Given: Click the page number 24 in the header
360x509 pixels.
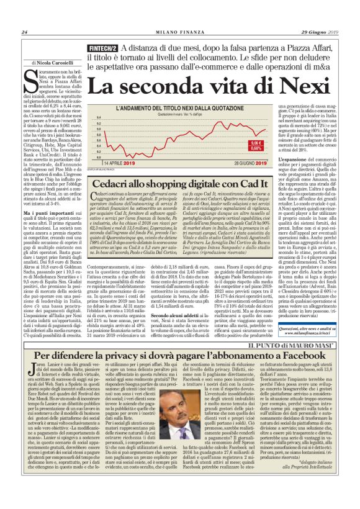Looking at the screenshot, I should tap(24, 33).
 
